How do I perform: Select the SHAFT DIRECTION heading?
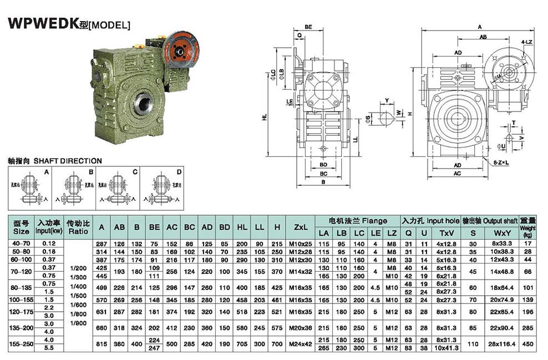tap(55, 161)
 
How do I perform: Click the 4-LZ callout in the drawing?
tap(527, 42)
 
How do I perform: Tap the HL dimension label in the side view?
tap(265, 118)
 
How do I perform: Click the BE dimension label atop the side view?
tap(308, 26)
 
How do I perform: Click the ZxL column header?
tap(300, 227)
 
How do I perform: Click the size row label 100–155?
tap(21, 299)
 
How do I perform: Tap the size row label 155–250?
tap(21, 343)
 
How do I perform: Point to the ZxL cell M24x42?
tap(300, 344)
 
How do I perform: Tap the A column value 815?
tap(101, 344)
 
